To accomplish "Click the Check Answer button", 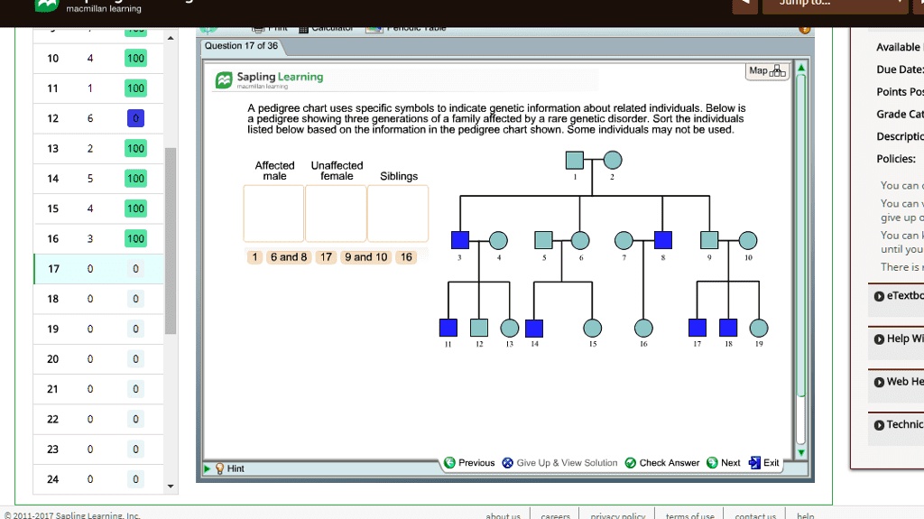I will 662,463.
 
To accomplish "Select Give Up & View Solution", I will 559,463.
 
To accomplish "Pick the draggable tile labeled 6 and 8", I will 288,257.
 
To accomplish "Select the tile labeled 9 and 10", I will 365,257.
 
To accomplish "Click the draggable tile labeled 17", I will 327,257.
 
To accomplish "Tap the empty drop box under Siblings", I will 398,214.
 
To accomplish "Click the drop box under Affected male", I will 273,214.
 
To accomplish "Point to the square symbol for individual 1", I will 574,161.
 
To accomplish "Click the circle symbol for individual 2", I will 612,161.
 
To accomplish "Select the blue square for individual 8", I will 663,240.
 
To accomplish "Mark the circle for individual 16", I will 643,328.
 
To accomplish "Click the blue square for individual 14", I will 534,328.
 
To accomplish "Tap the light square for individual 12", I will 479,328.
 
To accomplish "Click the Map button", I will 767,72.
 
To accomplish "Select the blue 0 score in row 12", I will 135,118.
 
